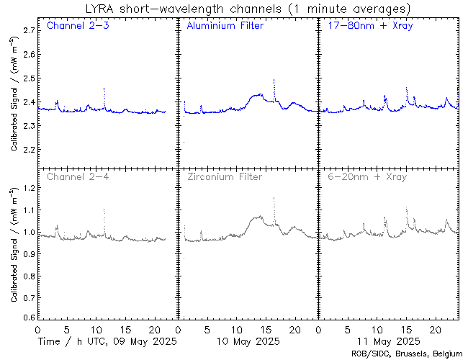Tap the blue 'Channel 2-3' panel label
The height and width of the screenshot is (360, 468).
coord(73,27)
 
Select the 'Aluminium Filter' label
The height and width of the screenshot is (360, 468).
coord(225,27)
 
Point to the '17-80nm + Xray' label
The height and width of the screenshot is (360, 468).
coord(366,27)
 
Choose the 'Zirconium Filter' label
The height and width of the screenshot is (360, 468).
coord(225,176)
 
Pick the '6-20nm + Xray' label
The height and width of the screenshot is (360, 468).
coord(366,176)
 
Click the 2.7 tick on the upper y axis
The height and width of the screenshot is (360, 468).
coord(28,31)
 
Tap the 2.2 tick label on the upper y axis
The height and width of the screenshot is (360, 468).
coord(28,150)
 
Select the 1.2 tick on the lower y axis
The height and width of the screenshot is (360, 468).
coord(28,188)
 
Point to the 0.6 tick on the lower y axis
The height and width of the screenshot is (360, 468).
coord(28,318)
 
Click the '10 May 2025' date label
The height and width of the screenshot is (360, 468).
coord(248,340)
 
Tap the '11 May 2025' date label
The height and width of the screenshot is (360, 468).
coord(388,340)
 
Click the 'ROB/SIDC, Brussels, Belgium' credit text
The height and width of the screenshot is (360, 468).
coord(406,353)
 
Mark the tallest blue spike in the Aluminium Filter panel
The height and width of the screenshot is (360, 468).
coord(274,81)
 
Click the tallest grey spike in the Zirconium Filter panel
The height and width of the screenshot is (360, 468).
coord(274,198)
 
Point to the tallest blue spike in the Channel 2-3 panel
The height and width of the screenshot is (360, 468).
coord(104,89)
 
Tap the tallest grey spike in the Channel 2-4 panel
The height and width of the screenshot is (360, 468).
coord(104,210)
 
